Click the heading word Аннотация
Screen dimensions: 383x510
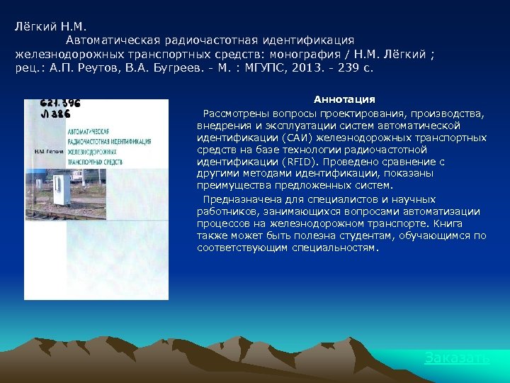tap(344, 99)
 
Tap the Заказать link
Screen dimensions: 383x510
tap(457, 358)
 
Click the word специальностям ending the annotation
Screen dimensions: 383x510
tap(336, 248)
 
